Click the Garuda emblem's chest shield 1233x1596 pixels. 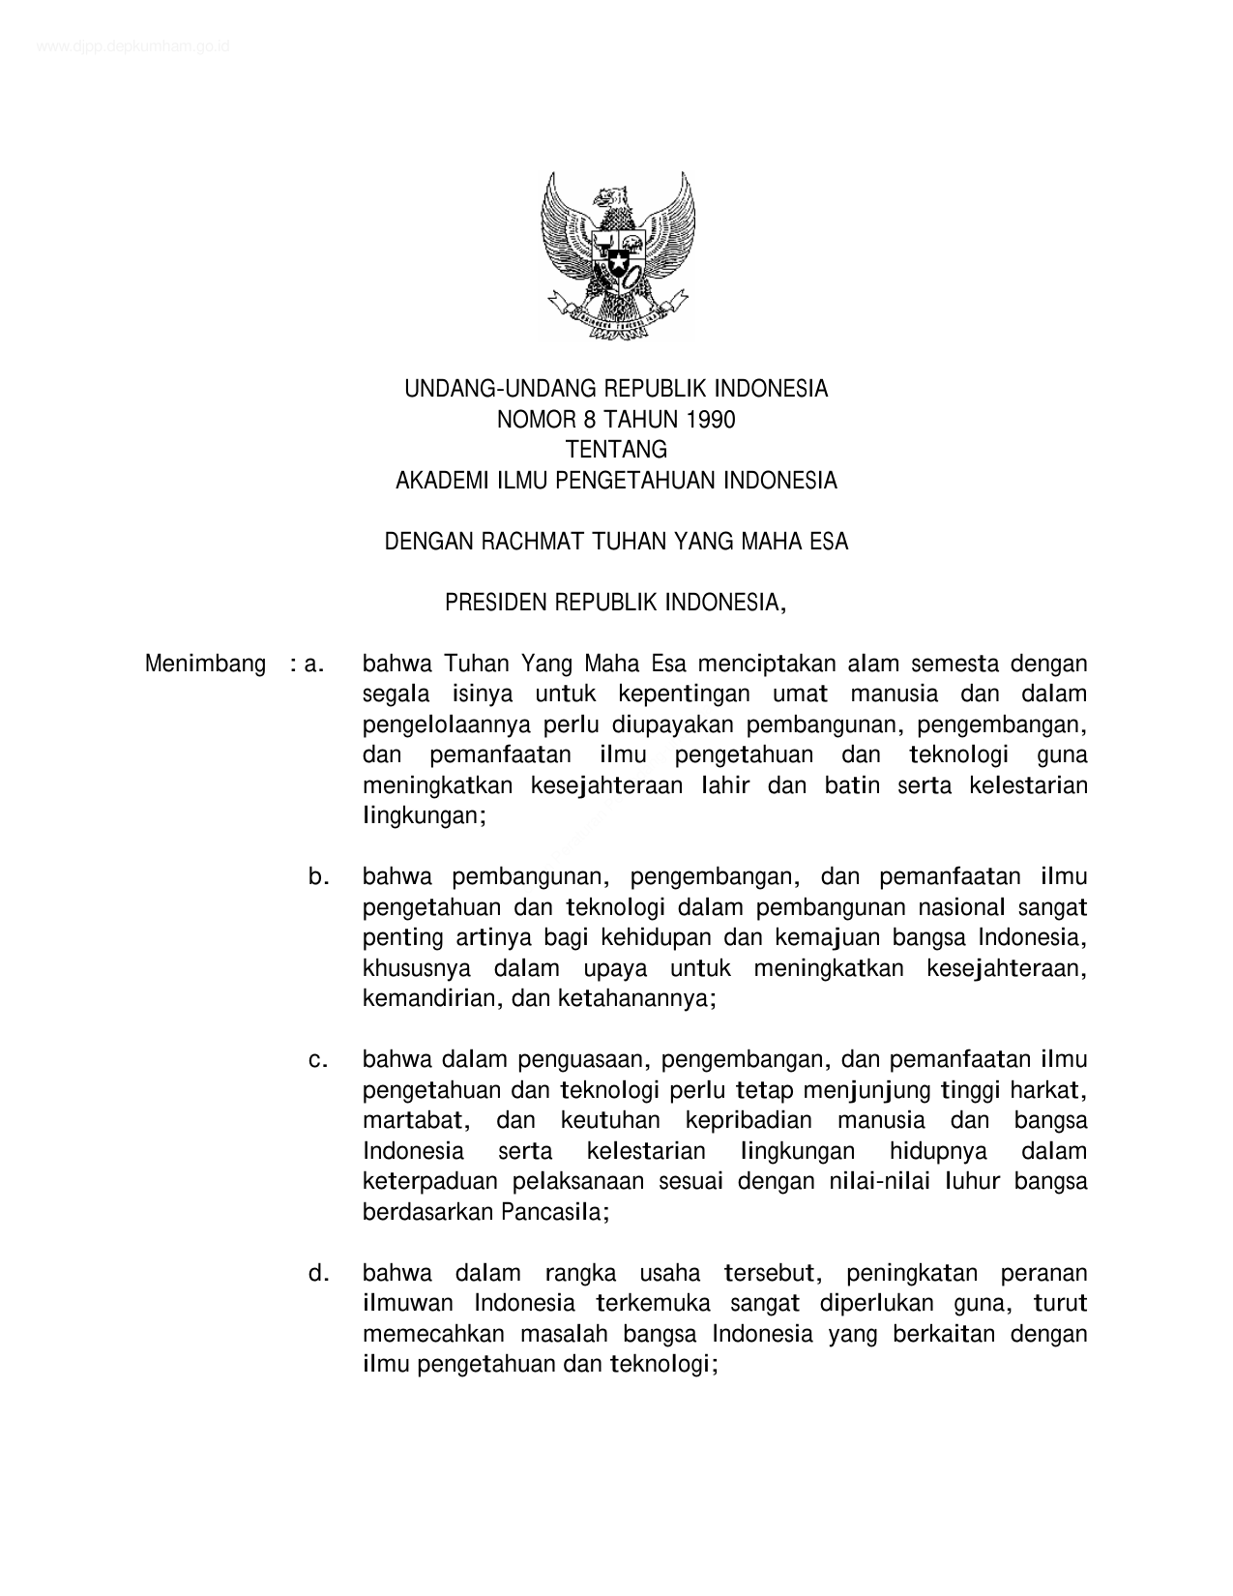tap(618, 253)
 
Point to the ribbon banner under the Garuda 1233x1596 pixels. tap(617, 316)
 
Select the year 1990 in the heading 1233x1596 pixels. tap(710, 420)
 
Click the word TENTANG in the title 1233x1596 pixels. tap(616, 450)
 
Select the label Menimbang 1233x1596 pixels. tap(205, 665)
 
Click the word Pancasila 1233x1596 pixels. tap(555, 1212)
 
